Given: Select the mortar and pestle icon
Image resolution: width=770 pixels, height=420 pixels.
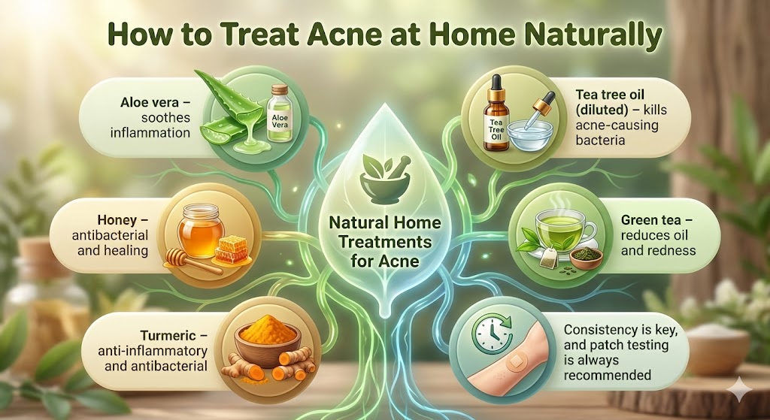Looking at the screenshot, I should click(x=384, y=175).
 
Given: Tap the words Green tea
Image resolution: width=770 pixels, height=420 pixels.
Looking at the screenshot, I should click(x=650, y=221).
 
